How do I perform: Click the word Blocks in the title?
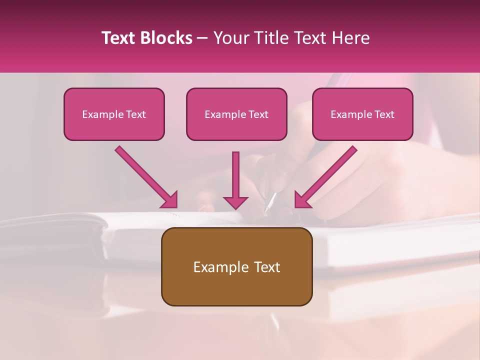click(x=167, y=38)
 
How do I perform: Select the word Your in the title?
click(x=228, y=38)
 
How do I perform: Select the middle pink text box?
click(x=236, y=128)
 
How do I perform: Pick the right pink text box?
click(x=362, y=128)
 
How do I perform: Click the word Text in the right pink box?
click(x=384, y=114)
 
